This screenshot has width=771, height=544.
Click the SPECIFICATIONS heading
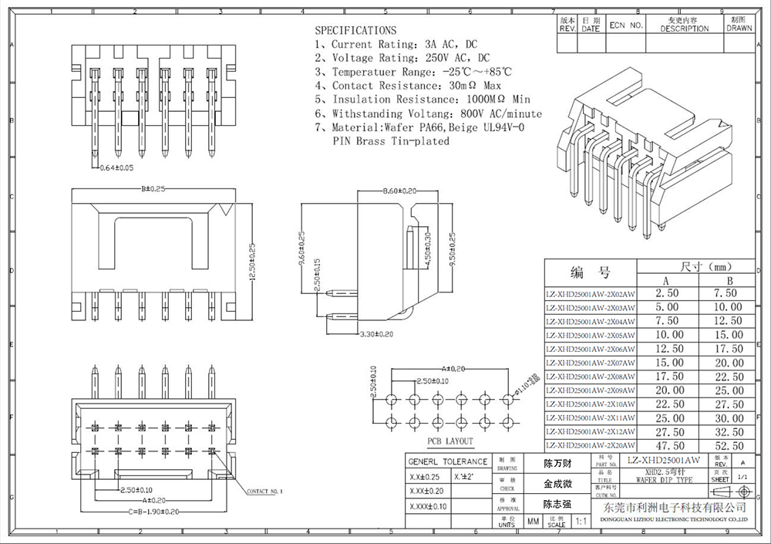(355, 30)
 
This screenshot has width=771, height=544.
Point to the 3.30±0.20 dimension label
(377, 335)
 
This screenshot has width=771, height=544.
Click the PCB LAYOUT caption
(450, 441)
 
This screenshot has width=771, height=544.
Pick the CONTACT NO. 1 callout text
(264, 491)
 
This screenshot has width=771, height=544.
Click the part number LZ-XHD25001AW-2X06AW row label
(590, 349)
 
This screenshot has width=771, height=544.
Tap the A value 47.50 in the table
(668, 446)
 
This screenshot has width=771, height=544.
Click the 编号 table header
(590, 272)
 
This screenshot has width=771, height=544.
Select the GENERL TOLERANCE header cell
(447, 461)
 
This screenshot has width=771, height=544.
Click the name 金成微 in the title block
(557, 485)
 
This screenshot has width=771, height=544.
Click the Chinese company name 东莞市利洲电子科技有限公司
(674, 507)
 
